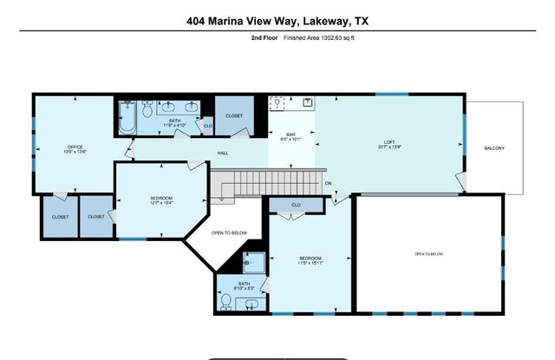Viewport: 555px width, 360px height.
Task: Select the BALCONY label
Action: [x=494, y=148]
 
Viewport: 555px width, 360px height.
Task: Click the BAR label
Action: [x=291, y=134]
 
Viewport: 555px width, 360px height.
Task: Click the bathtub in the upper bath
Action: [x=127, y=118]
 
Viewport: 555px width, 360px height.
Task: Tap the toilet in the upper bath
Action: [x=147, y=110]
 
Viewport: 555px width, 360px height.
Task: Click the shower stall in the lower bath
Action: [x=254, y=263]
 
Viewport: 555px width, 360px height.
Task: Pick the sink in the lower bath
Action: [x=251, y=305]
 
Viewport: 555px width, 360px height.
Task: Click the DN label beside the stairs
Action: [x=329, y=183]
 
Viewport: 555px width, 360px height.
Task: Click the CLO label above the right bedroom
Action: [x=296, y=205]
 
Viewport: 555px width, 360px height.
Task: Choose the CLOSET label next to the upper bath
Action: [x=235, y=115]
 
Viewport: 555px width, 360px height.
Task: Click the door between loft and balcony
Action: [x=462, y=180]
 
